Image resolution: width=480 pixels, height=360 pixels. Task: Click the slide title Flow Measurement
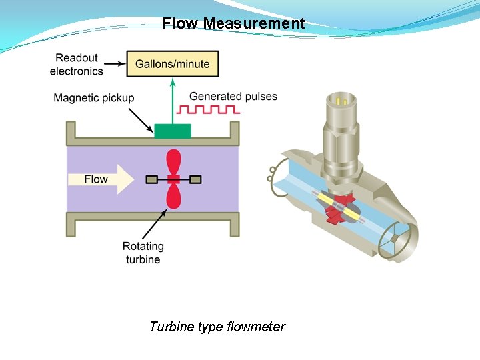pos(233,24)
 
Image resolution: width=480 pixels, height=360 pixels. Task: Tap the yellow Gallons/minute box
pos(173,64)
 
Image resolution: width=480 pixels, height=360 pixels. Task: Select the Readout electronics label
pos(77,65)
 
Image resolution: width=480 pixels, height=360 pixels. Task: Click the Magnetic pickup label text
pos(94,98)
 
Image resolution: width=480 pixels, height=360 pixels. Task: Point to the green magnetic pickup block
pos(173,131)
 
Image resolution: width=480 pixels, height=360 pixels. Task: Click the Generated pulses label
pos(233,96)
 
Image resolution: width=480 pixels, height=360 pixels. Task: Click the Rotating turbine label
pos(143,253)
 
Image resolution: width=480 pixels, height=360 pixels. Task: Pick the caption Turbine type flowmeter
pos(217,327)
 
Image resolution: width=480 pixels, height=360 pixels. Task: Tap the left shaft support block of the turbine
pos(152,179)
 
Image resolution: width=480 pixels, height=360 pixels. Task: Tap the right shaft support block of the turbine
pos(195,179)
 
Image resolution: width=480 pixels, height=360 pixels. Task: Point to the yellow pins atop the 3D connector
pos(343,101)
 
